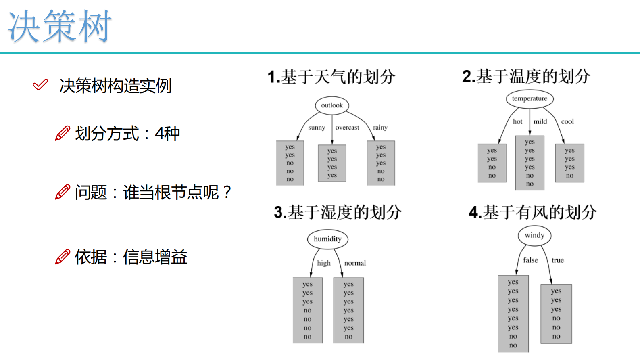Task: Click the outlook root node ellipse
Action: (332, 105)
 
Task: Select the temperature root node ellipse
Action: (530, 99)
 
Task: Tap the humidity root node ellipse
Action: (327, 239)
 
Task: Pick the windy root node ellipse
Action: (534, 235)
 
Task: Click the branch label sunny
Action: (317, 128)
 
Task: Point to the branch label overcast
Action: (347, 128)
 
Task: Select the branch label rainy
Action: (380, 128)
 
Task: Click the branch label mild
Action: (540, 121)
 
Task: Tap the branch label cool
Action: (567, 121)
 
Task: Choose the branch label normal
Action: (355, 263)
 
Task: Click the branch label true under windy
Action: (558, 260)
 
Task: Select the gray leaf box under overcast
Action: (332, 163)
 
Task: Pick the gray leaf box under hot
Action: (492, 163)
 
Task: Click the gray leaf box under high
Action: (307, 310)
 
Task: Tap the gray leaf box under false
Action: (513, 314)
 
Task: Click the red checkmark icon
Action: (40, 85)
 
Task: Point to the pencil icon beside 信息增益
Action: (62, 257)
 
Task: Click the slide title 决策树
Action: (60, 27)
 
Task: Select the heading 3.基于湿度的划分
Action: (338, 212)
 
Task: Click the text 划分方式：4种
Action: (127, 134)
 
